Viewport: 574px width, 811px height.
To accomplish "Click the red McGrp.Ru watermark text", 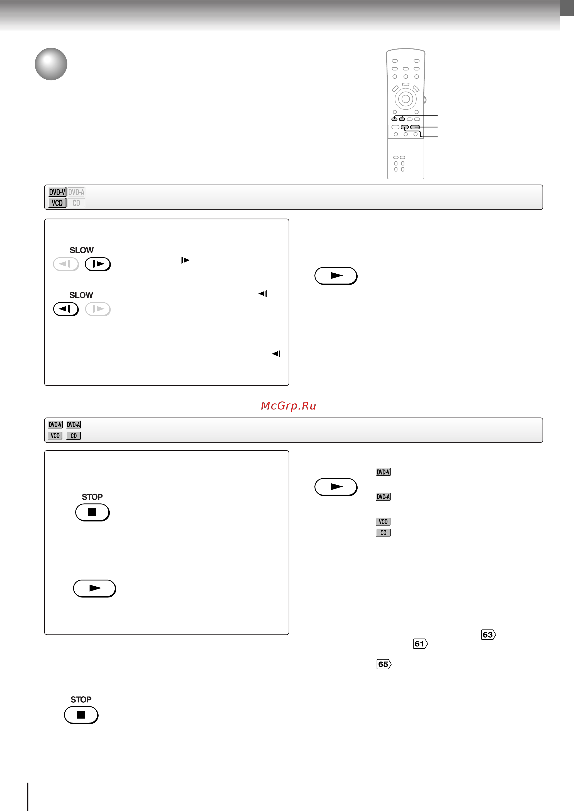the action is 289,406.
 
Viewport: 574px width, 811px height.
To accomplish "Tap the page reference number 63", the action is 488,635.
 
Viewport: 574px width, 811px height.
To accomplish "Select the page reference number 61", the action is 420,644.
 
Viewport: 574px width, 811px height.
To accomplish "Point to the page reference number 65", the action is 384,664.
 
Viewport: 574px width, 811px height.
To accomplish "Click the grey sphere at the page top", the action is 51,64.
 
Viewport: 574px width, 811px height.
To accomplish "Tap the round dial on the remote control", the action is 406,99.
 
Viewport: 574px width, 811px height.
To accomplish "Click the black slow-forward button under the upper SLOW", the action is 98,264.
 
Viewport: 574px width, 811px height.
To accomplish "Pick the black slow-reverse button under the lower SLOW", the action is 66,309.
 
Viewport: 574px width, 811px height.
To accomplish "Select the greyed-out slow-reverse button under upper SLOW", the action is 66,264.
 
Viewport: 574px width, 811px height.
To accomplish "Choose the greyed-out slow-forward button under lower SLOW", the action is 98,309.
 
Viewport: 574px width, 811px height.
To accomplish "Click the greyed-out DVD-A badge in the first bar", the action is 76,192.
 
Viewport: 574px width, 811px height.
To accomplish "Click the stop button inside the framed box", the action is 92,512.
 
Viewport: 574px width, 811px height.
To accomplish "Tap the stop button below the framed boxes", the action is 81,715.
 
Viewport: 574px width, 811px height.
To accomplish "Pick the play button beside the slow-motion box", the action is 336,276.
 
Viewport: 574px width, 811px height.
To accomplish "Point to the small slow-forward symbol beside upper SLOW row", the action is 185,260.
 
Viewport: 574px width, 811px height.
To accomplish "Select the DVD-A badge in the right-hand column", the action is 384,497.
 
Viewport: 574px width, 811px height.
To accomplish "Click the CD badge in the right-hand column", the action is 384,533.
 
